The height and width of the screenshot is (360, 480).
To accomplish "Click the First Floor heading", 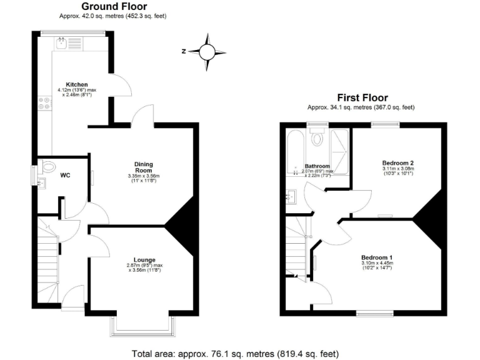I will [362, 97].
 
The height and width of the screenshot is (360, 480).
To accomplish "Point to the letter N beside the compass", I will [184, 51].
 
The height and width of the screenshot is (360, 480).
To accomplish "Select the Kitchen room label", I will [77, 84].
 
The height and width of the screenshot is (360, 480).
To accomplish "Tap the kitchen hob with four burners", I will [44, 103].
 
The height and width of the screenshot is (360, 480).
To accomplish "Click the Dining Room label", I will [144, 167].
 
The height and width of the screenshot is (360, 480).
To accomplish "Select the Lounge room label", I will [144, 259].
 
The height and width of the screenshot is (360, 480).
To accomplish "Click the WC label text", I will [65, 176].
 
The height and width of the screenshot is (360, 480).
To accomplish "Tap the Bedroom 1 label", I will [376, 257].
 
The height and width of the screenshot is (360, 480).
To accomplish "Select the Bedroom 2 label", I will [398, 162].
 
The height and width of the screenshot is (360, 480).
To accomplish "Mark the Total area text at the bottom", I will [235, 353].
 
